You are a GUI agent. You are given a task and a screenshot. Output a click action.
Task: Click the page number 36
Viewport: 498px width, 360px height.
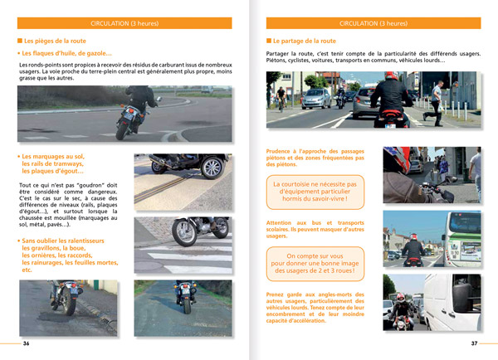pos(26,343)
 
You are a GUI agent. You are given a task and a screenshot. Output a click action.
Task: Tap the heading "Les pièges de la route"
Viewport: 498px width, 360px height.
pos(56,41)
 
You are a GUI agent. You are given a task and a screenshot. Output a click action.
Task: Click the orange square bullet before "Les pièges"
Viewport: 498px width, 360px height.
pos(20,41)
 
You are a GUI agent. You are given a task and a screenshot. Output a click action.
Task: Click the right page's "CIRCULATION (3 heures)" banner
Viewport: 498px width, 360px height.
pos(373,24)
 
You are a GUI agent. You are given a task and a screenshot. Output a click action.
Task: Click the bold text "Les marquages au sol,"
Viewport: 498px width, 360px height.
pos(53,156)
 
